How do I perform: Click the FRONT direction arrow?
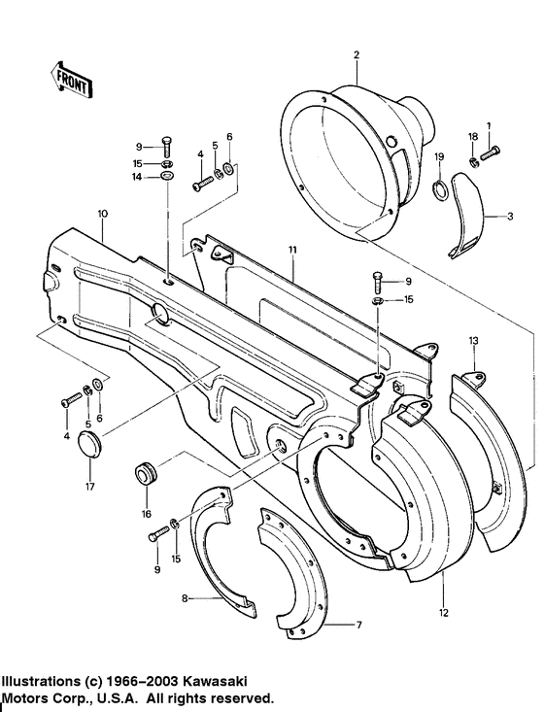click(69, 81)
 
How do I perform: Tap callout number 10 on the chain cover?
click(102, 213)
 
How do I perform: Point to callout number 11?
click(290, 250)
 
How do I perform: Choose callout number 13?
click(474, 341)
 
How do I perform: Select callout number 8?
click(184, 599)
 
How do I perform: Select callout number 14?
click(138, 178)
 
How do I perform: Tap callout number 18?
click(472, 136)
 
